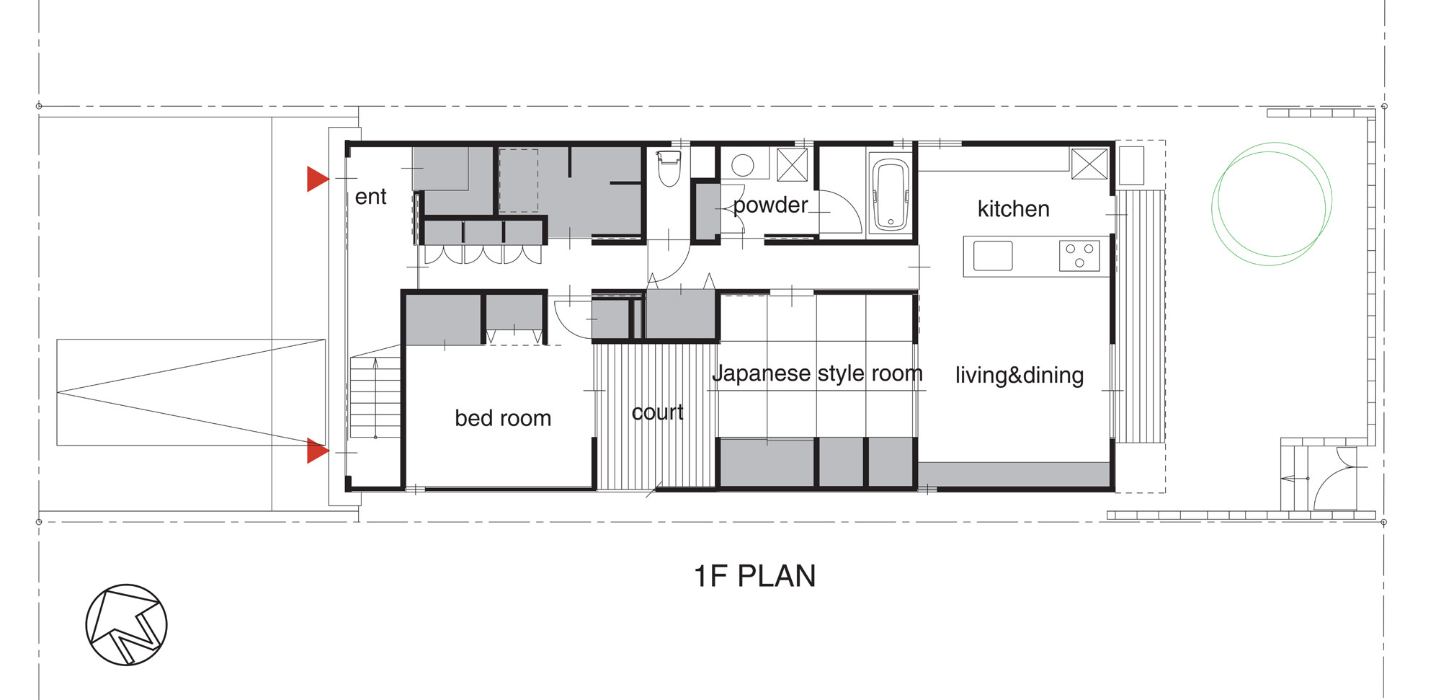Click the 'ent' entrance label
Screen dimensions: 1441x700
(x=370, y=197)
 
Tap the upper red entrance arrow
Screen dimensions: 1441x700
(x=317, y=179)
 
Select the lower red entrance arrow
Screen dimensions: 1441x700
(x=317, y=451)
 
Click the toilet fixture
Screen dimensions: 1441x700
(x=669, y=167)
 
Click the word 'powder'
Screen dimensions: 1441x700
(x=770, y=205)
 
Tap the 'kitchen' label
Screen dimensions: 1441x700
(x=1013, y=209)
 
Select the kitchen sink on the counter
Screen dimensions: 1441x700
(x=993, y=256)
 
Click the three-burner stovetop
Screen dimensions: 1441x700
(x=1079, y=256)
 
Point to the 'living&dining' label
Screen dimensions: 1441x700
(x=1020, y=375)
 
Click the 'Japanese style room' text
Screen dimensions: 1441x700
(x=817, y=373)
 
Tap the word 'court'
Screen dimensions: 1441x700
(x=657, y=412)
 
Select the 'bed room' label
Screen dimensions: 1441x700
(x=503, y=418)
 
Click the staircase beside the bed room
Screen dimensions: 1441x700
(x=375, y=397)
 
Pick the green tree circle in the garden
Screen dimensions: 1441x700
(x=1272, y=203)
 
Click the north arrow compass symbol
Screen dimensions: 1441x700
(x=126, y=624)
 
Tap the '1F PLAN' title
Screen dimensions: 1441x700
(x=754, y=576)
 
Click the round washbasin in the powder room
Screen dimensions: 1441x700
(x=743, y=165)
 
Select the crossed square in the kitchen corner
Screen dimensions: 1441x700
(x=1089, y=164)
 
